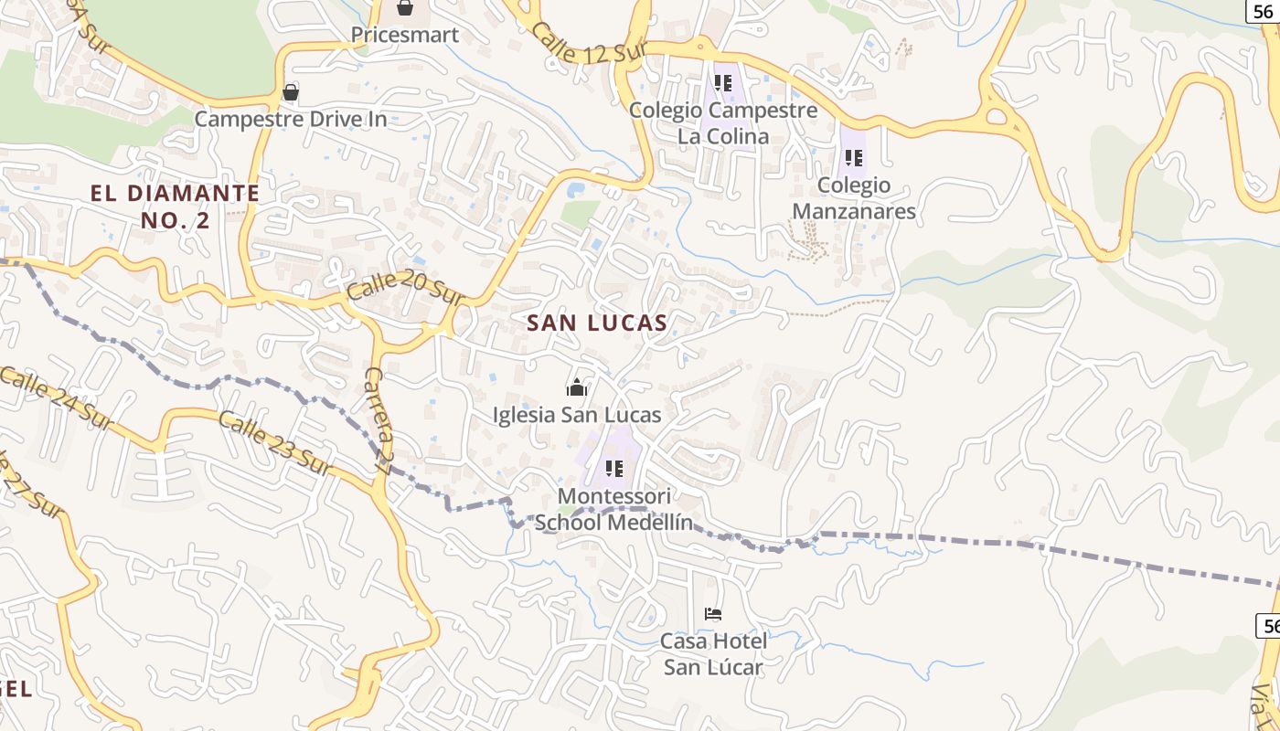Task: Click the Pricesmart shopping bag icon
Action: pyautogui.click(x=405, y=9)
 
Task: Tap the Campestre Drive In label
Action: pyautogui.click(x=291, y=119)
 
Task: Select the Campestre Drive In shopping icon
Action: pyautogui.click(x=291, y=92)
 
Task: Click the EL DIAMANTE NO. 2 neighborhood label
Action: pyautogui.click(x=175, y=207)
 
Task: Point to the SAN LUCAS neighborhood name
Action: pyautogui.click(x=597, y=323)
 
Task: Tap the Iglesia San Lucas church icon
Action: pyautogui.click(x=576, y=388)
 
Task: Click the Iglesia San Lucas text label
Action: pyautogui.click(x=576, y=415)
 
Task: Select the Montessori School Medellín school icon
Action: pyautogui.click(x=614, y=470)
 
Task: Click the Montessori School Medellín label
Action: pyautogui.click(x=613, y=510)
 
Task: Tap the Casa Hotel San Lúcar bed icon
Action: pyautogui.click(x=713, y=614)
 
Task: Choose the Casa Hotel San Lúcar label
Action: pyautogui.click(x=713, y=654)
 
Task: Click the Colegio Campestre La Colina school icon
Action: pyautogui.click(x=723, y=83)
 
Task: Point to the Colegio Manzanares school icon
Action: pyautogui.click(x=854, y=158)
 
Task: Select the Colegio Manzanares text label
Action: pyautogui.click(x=854, y=198)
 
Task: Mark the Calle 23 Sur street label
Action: pyautogui.click(x=273, y=443)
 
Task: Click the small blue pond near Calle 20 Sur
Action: pyautogui.click(x=576, y=190)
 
